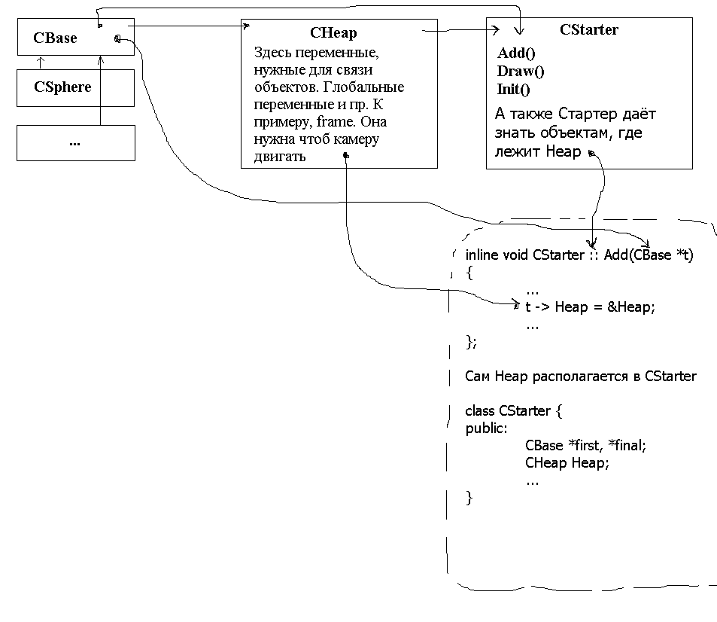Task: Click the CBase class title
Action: pos(55,38)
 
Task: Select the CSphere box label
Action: pos(62,87)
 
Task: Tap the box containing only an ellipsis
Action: pos(74,142)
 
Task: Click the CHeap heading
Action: pos(333,32)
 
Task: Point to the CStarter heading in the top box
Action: pos(589,30)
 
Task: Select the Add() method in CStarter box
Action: pos(516,53)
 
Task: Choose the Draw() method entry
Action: pos(521,72)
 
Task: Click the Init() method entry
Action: pos(514,90)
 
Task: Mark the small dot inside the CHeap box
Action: pos(346,156)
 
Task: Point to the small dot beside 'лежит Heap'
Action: pos(591,154)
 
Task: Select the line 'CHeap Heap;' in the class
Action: pos(567,463)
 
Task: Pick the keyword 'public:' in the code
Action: pos(486,428)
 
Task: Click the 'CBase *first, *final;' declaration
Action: pos(585,445)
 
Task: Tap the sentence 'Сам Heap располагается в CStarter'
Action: pos(581,376)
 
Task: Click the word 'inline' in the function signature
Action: pos(482,255)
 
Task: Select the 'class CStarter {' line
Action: pos(514,411)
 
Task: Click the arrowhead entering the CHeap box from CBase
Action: pos(246,26)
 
